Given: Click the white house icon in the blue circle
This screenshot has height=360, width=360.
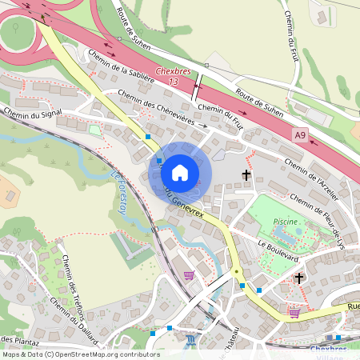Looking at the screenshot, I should pos(180,173).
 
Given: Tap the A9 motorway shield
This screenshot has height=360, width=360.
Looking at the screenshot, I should pos(298,136).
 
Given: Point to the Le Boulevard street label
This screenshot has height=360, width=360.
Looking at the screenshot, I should pos(278,245).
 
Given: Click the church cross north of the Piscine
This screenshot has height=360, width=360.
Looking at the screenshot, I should pos(246,174).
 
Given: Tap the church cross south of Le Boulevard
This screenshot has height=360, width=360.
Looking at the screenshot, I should pos(299,278).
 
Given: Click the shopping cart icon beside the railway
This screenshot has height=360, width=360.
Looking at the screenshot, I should pos(189,275).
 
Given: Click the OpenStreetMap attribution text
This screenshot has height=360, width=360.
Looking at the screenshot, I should pos(80,354).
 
